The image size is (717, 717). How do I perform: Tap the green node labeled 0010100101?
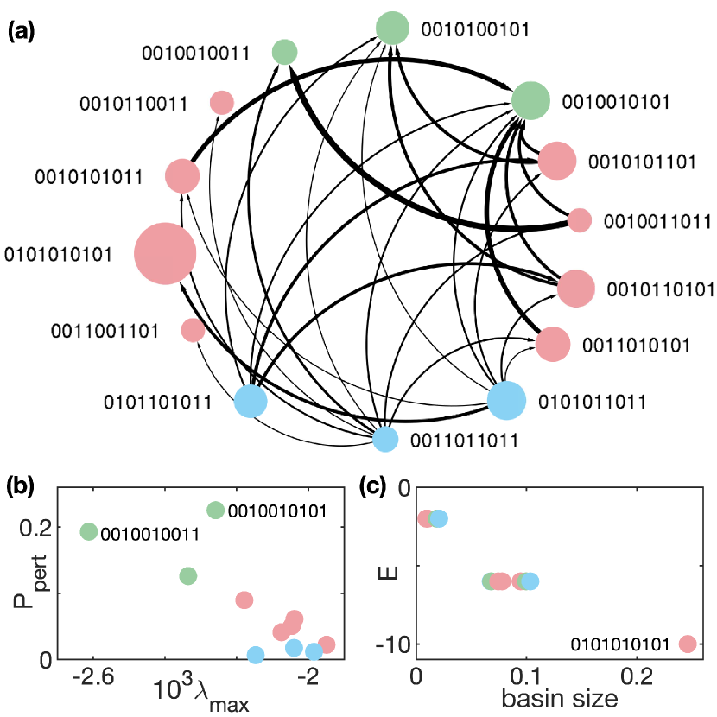392,28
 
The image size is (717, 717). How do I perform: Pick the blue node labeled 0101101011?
251,402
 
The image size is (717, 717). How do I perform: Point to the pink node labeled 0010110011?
222,103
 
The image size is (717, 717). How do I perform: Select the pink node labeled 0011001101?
193,330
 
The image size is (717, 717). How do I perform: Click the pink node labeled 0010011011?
579,219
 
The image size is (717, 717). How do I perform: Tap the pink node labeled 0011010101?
553,345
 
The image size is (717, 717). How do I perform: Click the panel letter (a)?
21,32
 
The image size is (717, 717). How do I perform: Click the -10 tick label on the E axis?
391,644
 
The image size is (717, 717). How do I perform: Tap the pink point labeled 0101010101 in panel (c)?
688,644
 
